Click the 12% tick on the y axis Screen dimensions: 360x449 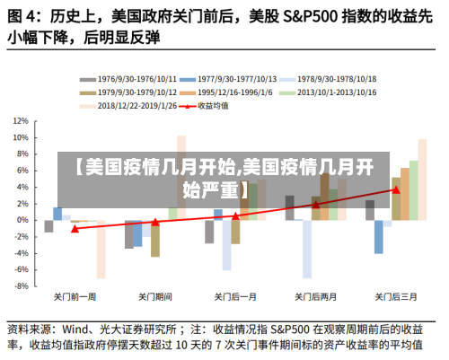(x=22, y=119)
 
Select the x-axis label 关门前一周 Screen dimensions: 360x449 (x=75, y=296)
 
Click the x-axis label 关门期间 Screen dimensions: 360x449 (x=154, y=296)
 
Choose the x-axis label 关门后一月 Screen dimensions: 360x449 (x=235, y=296)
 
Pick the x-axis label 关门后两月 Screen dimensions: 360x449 (x=315, y=296)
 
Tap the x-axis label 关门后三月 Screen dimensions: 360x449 (x=395, y=296)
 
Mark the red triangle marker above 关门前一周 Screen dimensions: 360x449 (x=75, y=229)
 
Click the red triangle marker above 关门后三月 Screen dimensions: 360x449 (x=396, y=189)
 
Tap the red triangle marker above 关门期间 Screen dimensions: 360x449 (x=154, y=222)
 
